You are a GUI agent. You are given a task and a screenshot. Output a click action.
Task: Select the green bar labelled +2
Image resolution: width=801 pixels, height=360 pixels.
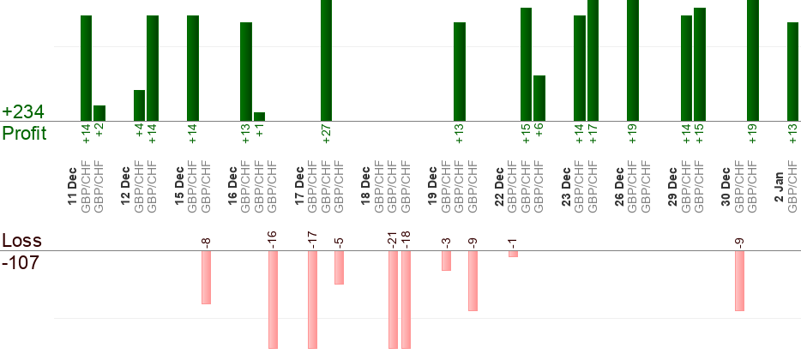(x=99, y=113)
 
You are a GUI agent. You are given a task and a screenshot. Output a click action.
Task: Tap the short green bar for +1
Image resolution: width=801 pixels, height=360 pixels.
(x=259, y=117)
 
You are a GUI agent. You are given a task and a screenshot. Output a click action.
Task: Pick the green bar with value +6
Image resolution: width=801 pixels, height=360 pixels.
(x=539, y=98)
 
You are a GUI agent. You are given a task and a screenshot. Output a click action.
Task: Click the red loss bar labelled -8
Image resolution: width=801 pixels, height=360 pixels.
(x=206, y=277)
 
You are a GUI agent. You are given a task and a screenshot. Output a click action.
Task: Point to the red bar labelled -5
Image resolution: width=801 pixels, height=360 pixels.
(x=340, y=267)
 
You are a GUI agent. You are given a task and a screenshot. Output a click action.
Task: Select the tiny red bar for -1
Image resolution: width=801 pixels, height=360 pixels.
(x=513, y=254)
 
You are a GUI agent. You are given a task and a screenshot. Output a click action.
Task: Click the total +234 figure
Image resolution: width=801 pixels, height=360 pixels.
(x=23, y=112)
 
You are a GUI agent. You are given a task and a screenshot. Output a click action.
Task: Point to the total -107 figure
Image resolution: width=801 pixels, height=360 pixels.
(x=21, y=262)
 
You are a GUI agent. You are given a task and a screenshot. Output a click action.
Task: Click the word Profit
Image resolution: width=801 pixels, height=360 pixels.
(x=25, y=134)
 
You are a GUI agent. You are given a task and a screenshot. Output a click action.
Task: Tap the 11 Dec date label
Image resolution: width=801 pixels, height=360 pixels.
(x=72, y=189)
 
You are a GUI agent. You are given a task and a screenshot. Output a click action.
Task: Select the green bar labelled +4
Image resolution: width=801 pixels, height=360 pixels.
(x=139, y=105)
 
